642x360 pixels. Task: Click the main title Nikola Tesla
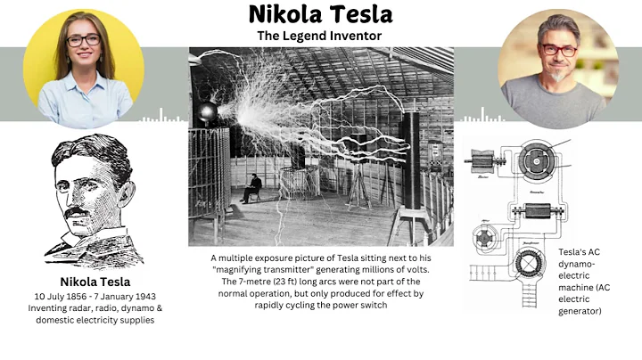coord(320,14)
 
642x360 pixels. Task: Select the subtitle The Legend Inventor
coord(320,36)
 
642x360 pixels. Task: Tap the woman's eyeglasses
coord(83,40)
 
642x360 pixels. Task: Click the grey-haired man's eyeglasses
coord(559,50)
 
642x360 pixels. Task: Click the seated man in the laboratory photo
coord(253,187)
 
